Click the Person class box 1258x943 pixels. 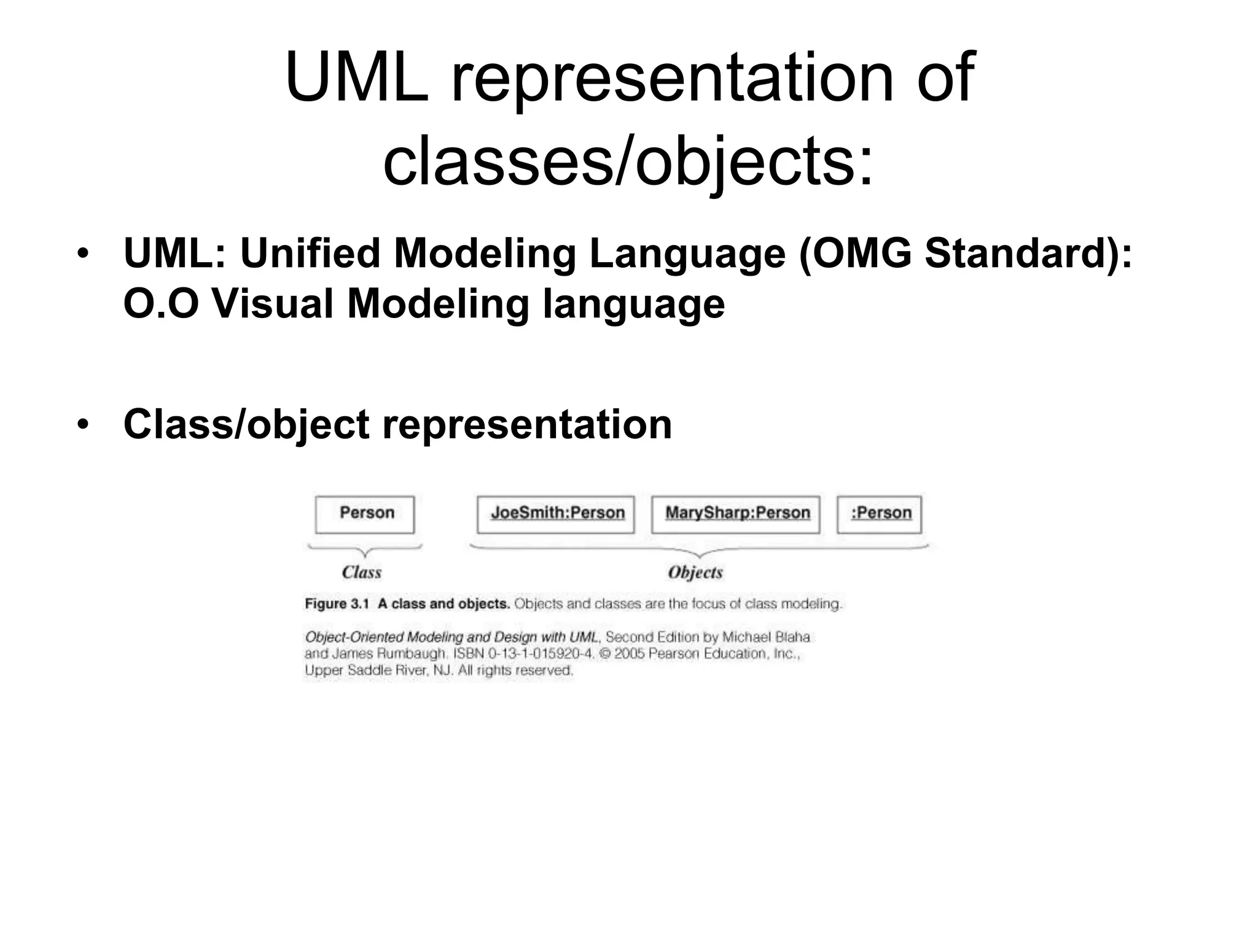pyautogui.click(x=365, y=514)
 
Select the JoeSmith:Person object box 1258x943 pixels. pyautogui.click(x=556, y=514)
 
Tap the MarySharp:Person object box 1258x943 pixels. pyautogui.click(x=736, y=514)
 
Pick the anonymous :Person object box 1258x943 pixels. pyautogui.click(x=880, y=514)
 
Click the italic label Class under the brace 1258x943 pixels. pyautogui.click(x=362, y=572)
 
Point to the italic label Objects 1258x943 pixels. pyautogui.click(x=695, y=572)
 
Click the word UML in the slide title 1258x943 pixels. pyautogui.click(x=357, y=79)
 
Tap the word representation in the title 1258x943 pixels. pyautogui.click(x=672, y=79)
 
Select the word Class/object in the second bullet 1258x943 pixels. pyautogui.click(x=246, y=424)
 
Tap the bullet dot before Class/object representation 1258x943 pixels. pyautogui.click(x=83, y=424)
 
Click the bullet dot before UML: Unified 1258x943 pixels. pyautogui.click(x=83, y=254)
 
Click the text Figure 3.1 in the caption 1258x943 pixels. pyautogui.click(x=337, y=604)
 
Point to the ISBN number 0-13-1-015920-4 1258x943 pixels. pyautogui.click(x=541, y=654)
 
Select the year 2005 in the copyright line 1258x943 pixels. pyautogui.click(x=629, y=654)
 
